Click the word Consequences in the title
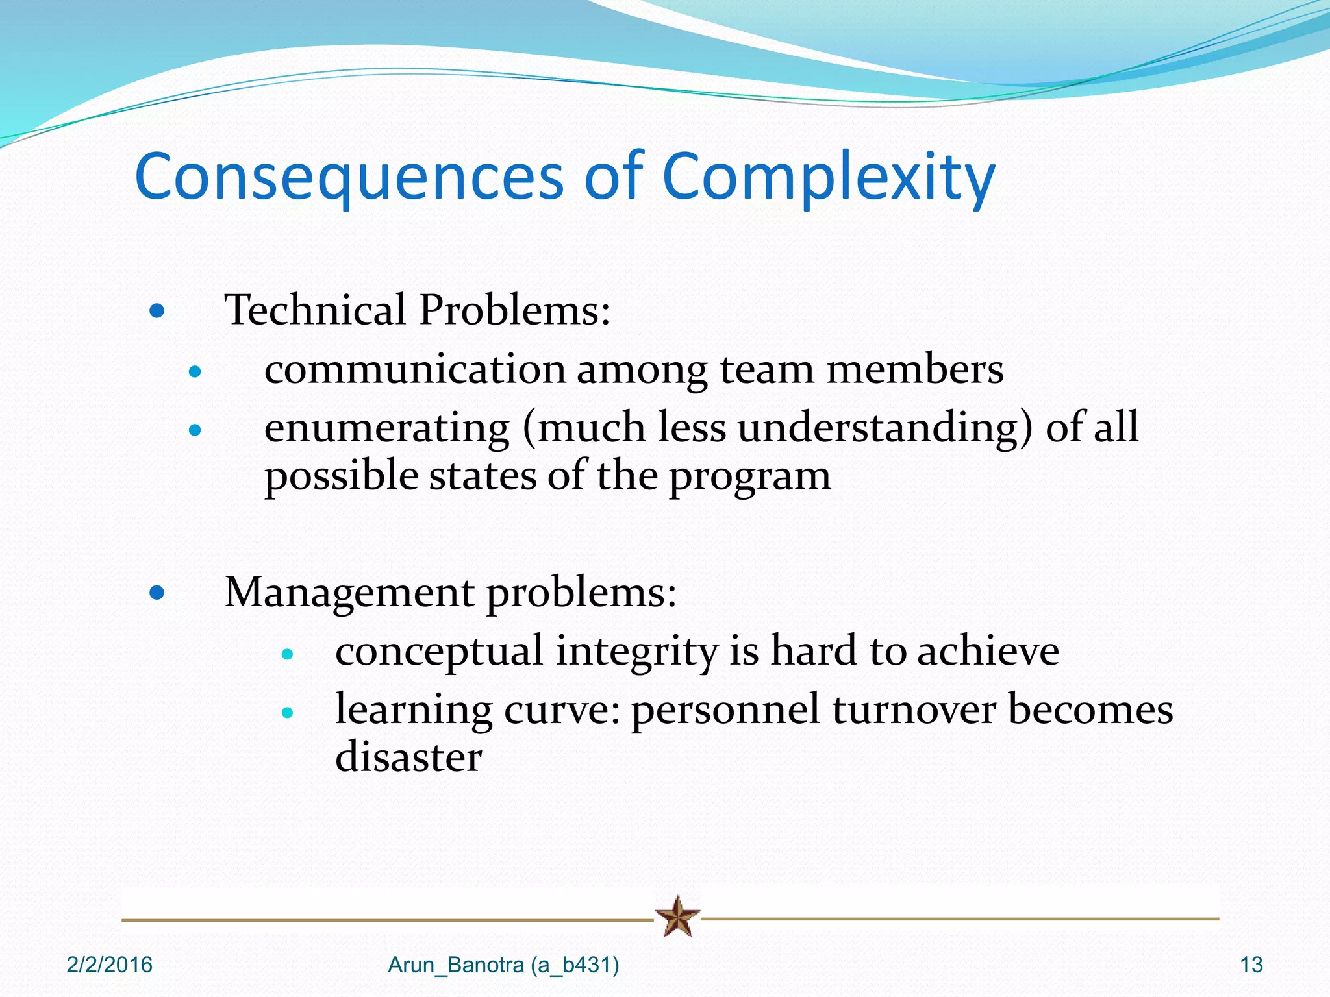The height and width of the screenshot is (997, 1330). [x=349, y=177]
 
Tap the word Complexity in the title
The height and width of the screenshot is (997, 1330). [x=828, y=177]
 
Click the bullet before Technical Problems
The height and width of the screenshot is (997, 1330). [x=157, y=311]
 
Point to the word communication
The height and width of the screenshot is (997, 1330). [x=415, y=369]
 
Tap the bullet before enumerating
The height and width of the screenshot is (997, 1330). [x=195, y=430]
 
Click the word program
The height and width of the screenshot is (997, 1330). [x=749, y=477]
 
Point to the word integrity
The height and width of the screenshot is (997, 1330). [x=636, y=652]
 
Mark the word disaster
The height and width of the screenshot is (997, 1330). [x=408, y=757]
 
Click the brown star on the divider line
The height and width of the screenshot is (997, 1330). [x=677, y=917]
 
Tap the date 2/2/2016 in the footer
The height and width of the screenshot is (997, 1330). [x=109, y=965]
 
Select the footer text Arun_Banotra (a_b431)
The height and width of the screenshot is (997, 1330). [x=503, y=965]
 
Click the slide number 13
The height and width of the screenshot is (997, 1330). [x=1251, y=965]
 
